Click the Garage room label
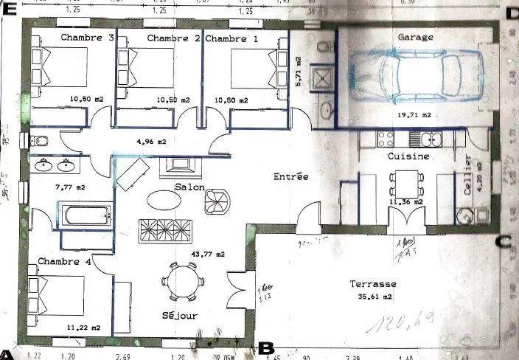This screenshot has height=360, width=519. pos(415,36)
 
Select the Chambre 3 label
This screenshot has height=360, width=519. pos(87,37)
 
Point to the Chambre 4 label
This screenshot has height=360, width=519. pos(64,262)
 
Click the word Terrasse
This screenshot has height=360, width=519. pos(374,284)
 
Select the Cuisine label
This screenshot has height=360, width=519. pos(408,156)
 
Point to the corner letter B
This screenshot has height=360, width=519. pos(267,347)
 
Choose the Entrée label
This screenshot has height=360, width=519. pos(290,177)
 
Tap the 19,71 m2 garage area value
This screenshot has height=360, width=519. pos(414,116)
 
